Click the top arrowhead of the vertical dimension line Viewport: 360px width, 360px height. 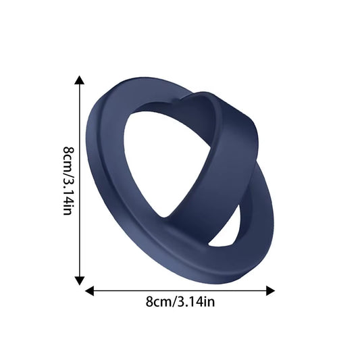point(80,80)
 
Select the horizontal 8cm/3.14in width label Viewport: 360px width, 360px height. point(180,302)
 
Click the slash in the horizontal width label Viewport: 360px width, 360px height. point(172,302)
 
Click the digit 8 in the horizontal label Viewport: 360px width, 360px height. point(149,302)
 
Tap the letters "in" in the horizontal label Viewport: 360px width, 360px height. point(210,302)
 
